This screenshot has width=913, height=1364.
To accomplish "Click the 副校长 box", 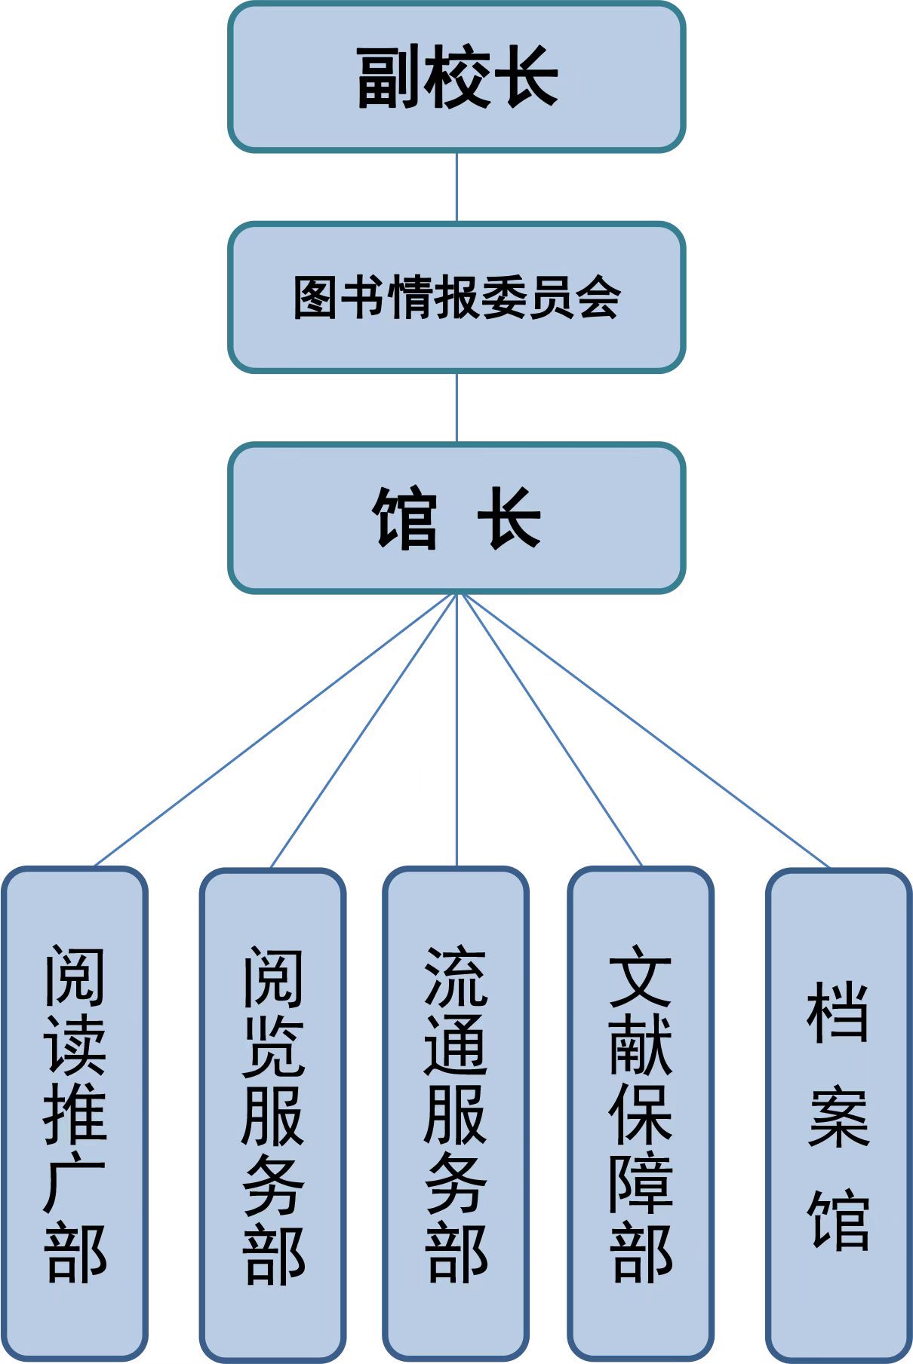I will pyautogui.click(x=456, y=77).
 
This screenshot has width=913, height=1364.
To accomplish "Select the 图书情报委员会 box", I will pyautogui.click(x=456, y=297).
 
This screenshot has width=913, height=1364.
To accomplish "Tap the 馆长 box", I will pyautogui.click(x=456, y=517).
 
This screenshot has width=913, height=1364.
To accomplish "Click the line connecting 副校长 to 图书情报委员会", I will pyautogui.click(x=456, y=186).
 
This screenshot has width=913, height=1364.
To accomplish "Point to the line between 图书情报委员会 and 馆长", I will pyautogui.click(x=456, y=407).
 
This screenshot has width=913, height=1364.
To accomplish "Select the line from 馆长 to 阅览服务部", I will pyautogui.click(x=364, y=730).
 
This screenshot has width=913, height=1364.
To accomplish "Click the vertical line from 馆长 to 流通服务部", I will pyautogui.click(x=456, y=730).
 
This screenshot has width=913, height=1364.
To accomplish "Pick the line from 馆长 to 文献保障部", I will pyautogui.click(x=551, y=730).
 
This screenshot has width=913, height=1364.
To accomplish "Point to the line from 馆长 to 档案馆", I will pyautogui.click(x=645, y=730).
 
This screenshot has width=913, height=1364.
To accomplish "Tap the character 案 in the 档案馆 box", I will pyautogui.click(x=838, y=1117).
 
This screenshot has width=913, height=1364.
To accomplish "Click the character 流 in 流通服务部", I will pyautogui.click(x=456, y=977).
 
